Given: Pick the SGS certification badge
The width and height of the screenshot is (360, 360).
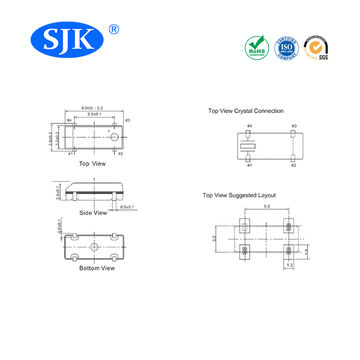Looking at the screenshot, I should click(317, 46).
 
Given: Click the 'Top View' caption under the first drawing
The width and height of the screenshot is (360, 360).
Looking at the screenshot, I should click(92, 163).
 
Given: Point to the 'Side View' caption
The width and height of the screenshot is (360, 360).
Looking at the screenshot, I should click(92, 214).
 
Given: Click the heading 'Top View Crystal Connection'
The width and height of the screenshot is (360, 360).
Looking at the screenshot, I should click(246, 111).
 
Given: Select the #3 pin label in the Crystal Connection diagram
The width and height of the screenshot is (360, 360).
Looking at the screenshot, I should click(293, 126).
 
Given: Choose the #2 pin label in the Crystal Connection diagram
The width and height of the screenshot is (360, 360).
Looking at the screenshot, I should click(293, 161).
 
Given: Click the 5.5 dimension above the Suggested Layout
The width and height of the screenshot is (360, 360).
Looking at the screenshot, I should click(268, 206).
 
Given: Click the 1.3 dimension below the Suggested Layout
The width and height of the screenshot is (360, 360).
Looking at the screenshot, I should click(290, 268).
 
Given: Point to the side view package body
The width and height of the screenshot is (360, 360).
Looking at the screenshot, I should click(92, 193).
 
